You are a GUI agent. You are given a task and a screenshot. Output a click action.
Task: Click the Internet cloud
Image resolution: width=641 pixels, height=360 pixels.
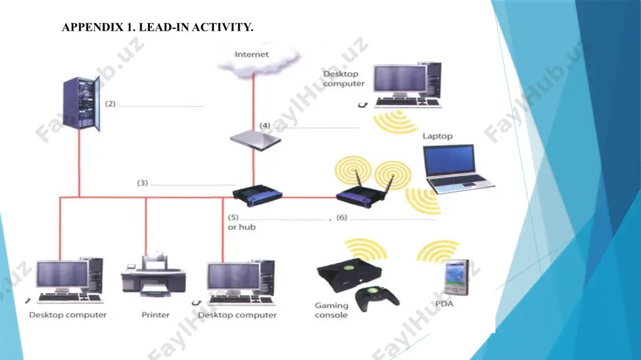258,59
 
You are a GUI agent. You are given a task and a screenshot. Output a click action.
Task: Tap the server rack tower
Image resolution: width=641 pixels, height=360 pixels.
81,104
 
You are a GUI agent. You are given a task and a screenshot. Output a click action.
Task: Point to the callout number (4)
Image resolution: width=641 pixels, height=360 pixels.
265,126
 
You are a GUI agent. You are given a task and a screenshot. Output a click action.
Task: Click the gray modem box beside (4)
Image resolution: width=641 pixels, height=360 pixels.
256,140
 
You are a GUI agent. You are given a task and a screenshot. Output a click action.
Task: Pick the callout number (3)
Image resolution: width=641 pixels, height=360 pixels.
142,183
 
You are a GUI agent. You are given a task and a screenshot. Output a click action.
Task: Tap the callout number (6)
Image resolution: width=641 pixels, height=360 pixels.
342,217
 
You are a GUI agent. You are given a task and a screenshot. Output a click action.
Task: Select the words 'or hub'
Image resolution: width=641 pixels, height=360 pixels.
242,227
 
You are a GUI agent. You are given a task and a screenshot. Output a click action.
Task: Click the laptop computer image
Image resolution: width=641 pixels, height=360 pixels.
458,168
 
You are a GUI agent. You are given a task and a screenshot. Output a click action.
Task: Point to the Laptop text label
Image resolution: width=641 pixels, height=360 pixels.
437,136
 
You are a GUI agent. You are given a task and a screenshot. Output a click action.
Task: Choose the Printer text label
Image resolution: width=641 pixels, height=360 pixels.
155,315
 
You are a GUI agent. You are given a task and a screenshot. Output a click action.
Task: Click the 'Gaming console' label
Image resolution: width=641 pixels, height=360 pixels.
331,310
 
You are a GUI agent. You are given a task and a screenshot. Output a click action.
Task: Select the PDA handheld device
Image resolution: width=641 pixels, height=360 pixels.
456,277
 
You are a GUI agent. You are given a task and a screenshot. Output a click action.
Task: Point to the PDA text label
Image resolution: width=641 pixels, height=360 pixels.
444,304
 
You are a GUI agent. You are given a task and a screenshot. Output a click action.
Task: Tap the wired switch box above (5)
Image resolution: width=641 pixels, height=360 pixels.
258,196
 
